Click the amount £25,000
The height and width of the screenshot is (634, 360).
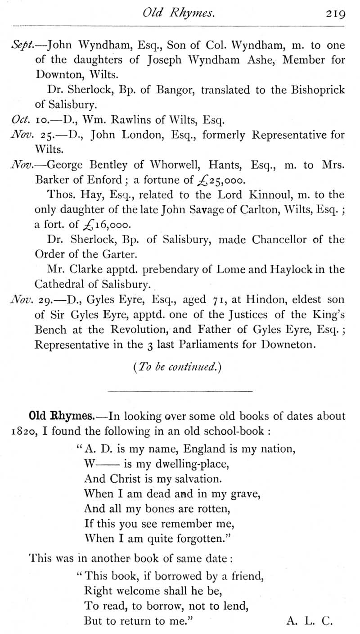click(221, 181)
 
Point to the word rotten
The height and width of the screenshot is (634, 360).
click(213, 509)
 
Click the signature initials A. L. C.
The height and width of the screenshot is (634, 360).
click(309, 621)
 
